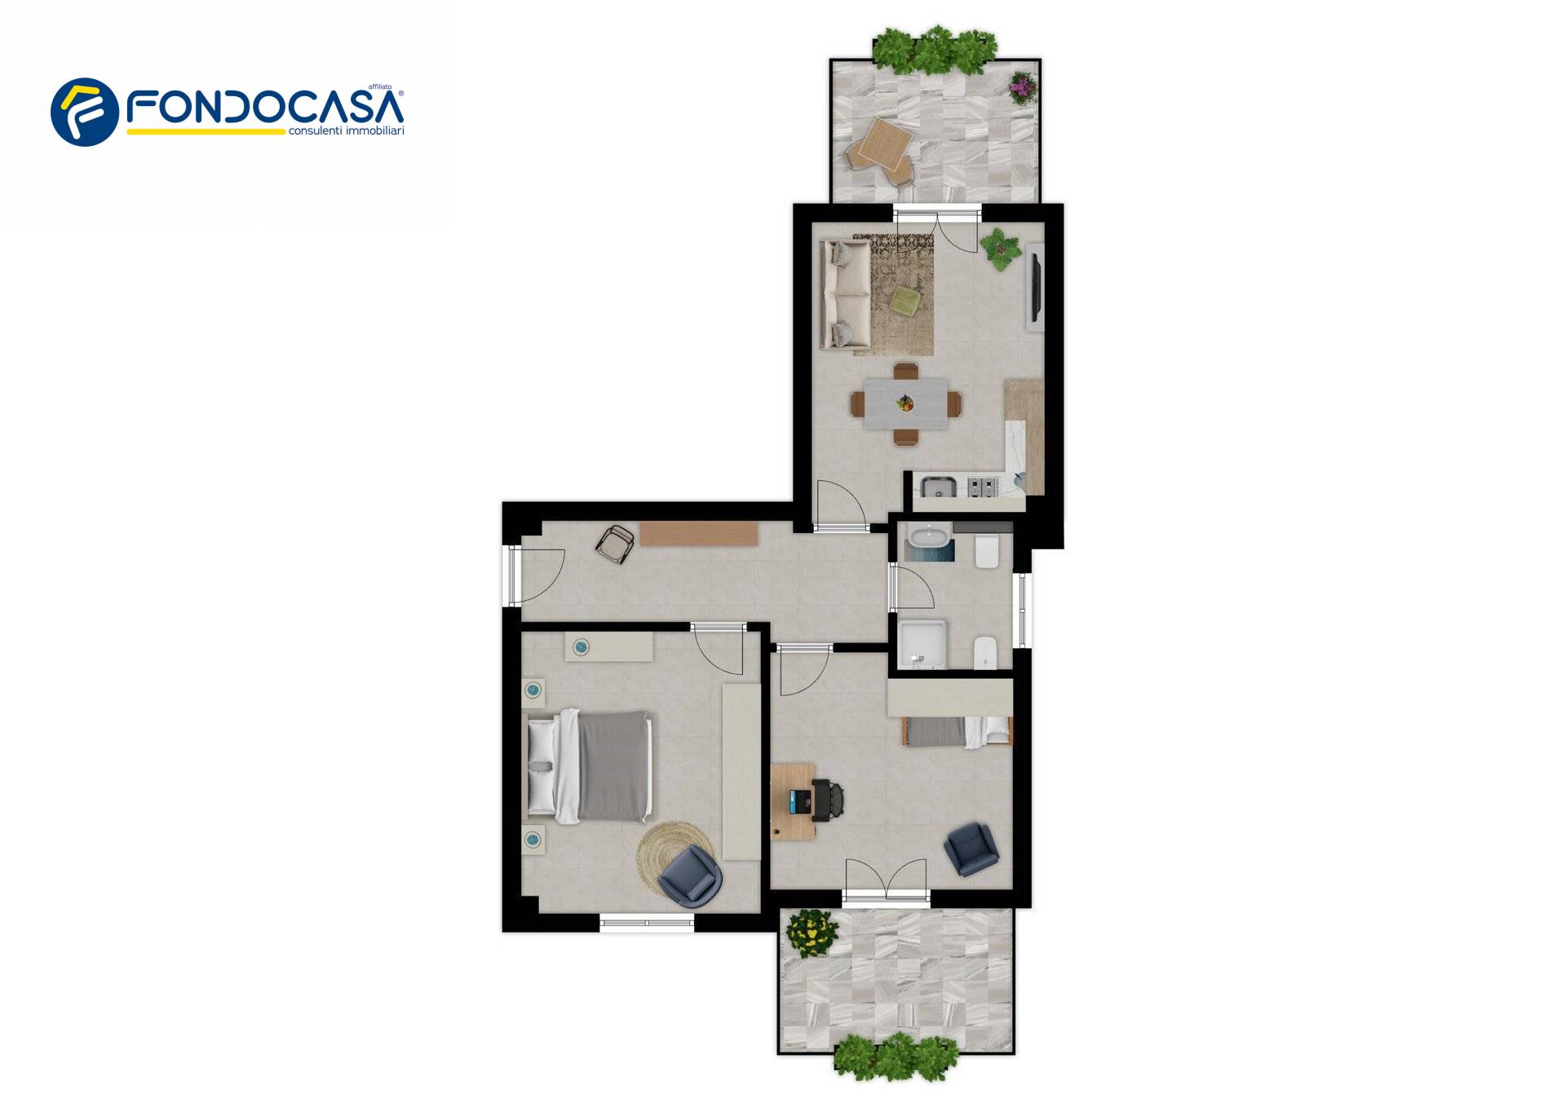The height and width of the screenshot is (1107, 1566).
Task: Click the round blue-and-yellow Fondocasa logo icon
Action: [x=85, y=112]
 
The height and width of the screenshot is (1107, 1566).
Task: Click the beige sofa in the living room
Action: [x=846, y=294]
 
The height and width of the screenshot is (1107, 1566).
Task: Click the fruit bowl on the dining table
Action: [x=905, y=402]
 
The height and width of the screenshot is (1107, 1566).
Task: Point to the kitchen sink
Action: [x=939, y=487]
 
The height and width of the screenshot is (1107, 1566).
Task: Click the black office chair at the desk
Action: [x=826, y=800]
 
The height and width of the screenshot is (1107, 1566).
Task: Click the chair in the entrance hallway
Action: [x=616, y=544]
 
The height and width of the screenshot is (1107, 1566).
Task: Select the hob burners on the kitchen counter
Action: [x=983, y=487]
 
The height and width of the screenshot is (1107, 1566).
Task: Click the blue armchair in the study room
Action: [x=971, y=849]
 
